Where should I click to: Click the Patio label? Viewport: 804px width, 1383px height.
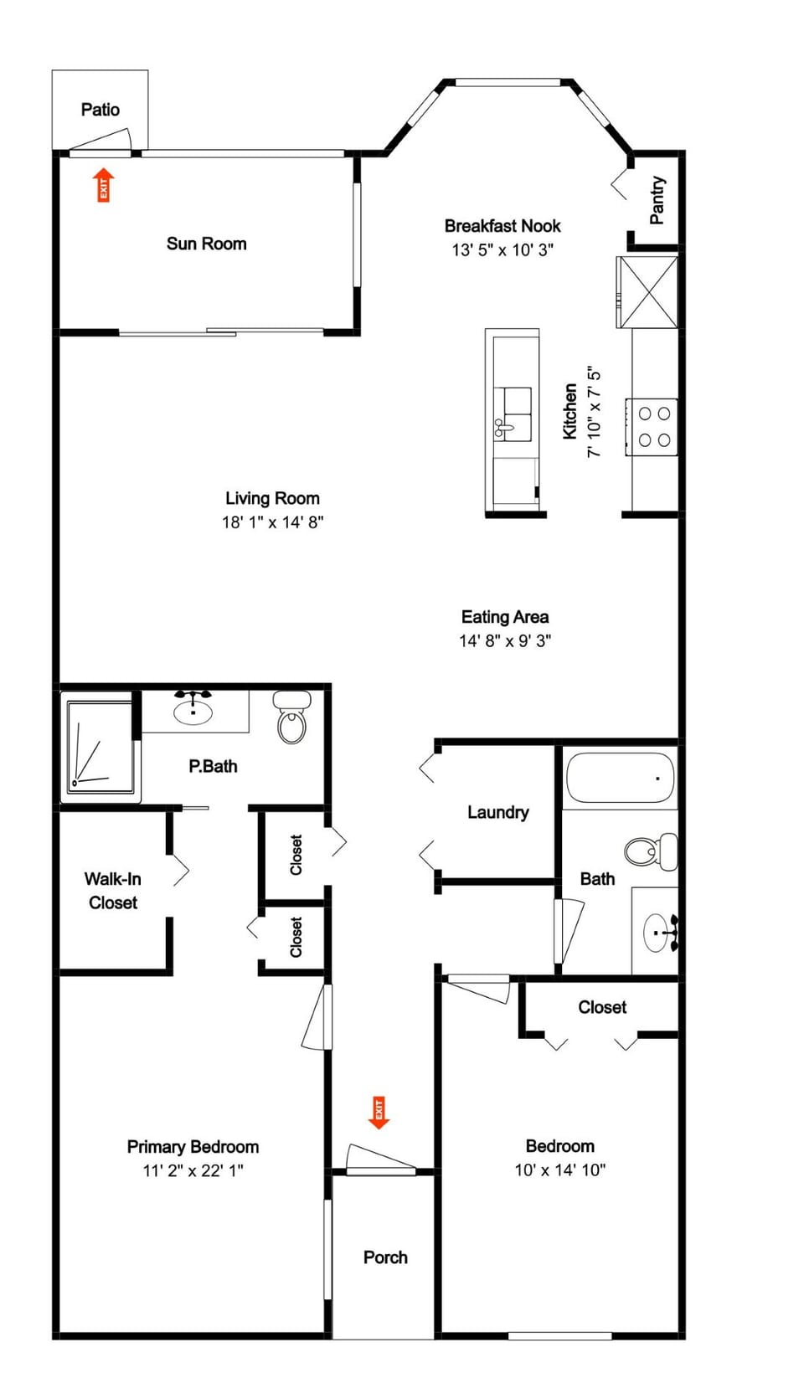pyautogui.click(x=100, y=110)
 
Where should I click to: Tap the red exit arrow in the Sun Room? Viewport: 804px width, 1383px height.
pyautogui.click(x=103, y=184)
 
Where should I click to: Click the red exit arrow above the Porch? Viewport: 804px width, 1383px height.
pyautogui.click(x=379, y=1113)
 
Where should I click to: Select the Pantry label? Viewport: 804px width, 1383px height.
pyautogui.click(x=657, y=200)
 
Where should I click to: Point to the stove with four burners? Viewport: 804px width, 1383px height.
pyautogui.click(x=652, y=426)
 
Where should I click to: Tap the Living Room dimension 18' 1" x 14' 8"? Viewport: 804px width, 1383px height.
pyautogui.click(x=272, y=522)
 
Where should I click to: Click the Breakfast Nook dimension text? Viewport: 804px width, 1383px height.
pyautogui.click(x=502, y=249)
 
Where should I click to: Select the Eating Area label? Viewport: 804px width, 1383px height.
pyautogui.click(x=505, y=617)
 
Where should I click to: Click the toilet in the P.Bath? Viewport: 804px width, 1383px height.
pyautogui.click(x=292, y=718)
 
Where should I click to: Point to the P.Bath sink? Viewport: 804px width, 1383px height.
pyautogui.click(x=193, y=711)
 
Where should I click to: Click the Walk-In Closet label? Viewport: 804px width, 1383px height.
pyautogui.click(x=113, y=891)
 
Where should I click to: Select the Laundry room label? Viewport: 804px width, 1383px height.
pyautogui.click(x=498, y=812)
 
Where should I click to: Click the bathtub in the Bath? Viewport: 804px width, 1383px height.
pyautogui.click(x=620, y=778)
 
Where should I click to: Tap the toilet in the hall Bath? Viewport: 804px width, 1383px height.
pyautogui.click(x=650, y=851)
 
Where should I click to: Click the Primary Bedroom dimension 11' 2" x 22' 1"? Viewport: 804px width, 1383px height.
pyautogui.click(x=193, y=1170)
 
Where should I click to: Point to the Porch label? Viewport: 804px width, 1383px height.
pyautogui.click(x=385, y=1257)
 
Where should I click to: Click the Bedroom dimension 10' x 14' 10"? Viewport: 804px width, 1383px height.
pyautogui.click(x=559, y=1170)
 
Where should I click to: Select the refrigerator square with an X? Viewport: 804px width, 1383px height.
pyautogui.click(x=647, y=292)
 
